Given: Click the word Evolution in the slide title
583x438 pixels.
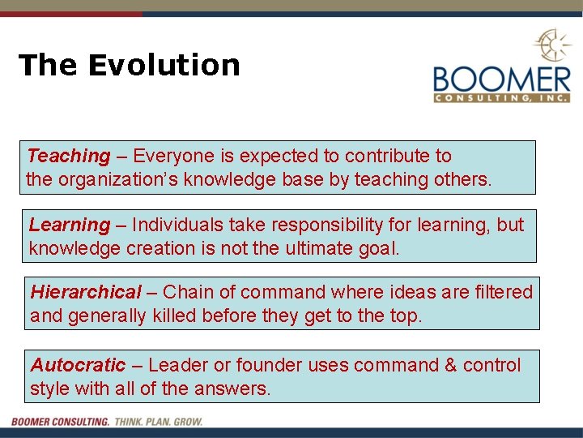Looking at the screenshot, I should tap(164, 65).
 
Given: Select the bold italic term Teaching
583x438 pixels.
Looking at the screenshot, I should tap(68, 156).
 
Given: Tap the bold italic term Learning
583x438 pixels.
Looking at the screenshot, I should tap(69, 225).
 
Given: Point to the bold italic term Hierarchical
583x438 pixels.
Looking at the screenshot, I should tap(86, 292).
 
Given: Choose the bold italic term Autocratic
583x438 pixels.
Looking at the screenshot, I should tap(78, 365).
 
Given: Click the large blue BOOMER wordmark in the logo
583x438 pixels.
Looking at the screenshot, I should tap(501, 79).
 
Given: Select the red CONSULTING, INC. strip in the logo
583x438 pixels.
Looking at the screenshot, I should tap(501, 99).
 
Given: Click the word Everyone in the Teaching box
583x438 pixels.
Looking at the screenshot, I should tap(170, 156).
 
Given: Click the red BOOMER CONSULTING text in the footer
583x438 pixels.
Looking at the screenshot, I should tap(61, 422).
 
